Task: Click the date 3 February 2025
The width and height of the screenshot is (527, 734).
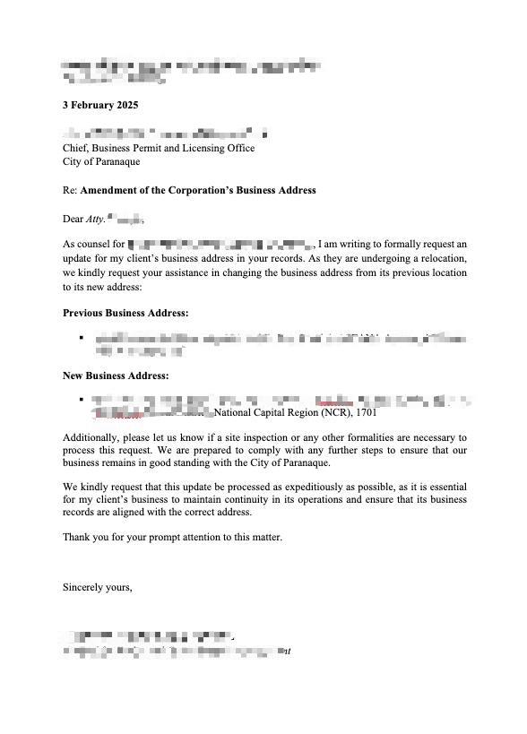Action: pyautogui.click(x=99, y=105)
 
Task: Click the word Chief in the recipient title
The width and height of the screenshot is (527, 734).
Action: pyautogui.click(x=76, y=148)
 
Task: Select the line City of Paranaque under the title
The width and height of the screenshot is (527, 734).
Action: pyautogui.click(x=100, y=161)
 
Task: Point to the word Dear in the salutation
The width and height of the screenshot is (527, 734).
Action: pyautogui.click(x=73, y=219)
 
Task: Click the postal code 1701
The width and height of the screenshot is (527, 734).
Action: pyautogui.click(x=366, y=413)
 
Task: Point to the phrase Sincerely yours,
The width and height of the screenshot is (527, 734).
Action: pyautogui.click(x=98, y=587)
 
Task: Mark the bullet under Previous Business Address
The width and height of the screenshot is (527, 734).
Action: pyautogui.click(x=82, y=338)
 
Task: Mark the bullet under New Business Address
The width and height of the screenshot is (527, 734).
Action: pyautogui.click(x=82, y=400)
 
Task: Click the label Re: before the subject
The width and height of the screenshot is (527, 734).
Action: pyautogui.click(x=70, y=190)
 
